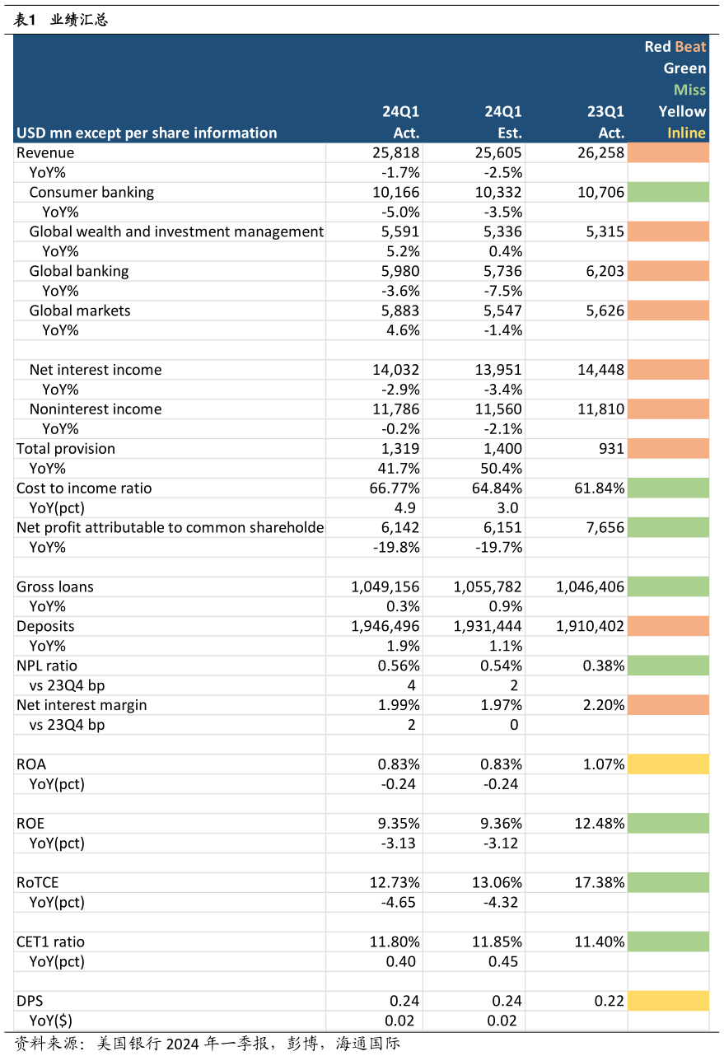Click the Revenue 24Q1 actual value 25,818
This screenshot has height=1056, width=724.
click(x=395, y=152)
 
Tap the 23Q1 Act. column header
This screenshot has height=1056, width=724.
click(x=605, y=122)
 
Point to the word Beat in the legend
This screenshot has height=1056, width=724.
click(x=690, y=47)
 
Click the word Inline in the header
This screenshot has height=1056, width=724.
click(x=686, y=133)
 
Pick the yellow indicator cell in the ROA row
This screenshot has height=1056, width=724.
click(x=668, y=764)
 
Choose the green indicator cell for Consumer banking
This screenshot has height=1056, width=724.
click(x=668, y=193)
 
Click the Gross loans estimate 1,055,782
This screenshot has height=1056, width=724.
click(x=488, y=587)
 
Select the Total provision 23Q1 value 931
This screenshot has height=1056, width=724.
click(x=611, y=449)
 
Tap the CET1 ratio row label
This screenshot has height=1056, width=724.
click(x=50, y=942)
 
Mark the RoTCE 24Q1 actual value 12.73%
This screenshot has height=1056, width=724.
click(x=395, y=882)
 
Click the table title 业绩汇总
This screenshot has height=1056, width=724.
click(x=79, y=20)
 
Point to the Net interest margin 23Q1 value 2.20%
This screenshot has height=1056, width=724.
click(x=603, y=705)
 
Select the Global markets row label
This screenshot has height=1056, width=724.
click(x=80, y=311)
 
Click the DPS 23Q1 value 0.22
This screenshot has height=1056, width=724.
click(x=609, y=1001)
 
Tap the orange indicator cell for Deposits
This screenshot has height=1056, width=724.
click(x=668, y=626)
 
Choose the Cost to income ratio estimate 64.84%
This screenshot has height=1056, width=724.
click(x=497, y=488)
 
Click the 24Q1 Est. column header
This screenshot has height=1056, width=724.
click(x=503, y=122)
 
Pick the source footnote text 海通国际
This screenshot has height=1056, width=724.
click(x=367, y=1044)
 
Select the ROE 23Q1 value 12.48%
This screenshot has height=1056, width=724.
click(x=599, y=824)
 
